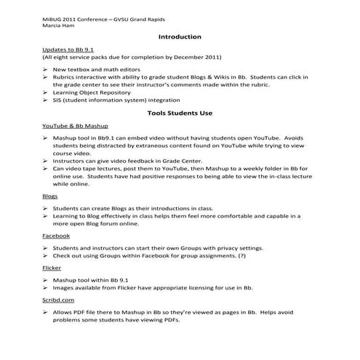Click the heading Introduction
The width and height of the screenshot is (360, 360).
click(x=179, y=36)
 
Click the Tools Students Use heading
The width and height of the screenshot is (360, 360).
click(x=179, y=114)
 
